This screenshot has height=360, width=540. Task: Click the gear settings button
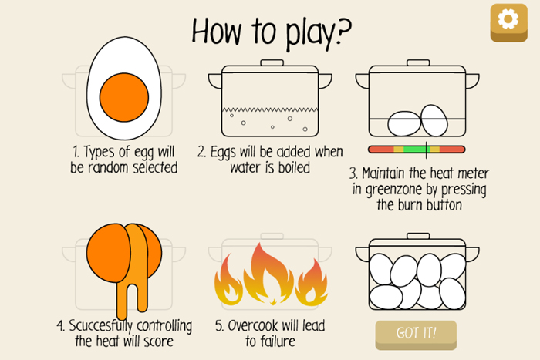click(x=508, y=22)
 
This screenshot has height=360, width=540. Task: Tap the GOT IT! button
click(x=416, y=335)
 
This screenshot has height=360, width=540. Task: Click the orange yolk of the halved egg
click(x=124, y=97)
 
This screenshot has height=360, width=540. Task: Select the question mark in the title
click(x=343, y=32)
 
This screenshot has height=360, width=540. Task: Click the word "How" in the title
click(x=217, y=32)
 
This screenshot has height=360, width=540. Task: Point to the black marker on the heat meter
click(x=427, y=150)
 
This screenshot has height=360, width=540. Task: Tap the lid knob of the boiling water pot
click(x=272, y=62)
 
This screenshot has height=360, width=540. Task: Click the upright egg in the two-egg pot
click(x=434, y=120)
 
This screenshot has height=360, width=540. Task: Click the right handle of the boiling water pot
click(x=325, y=81)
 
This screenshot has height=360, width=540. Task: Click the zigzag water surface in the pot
click(x=270, y=109)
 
